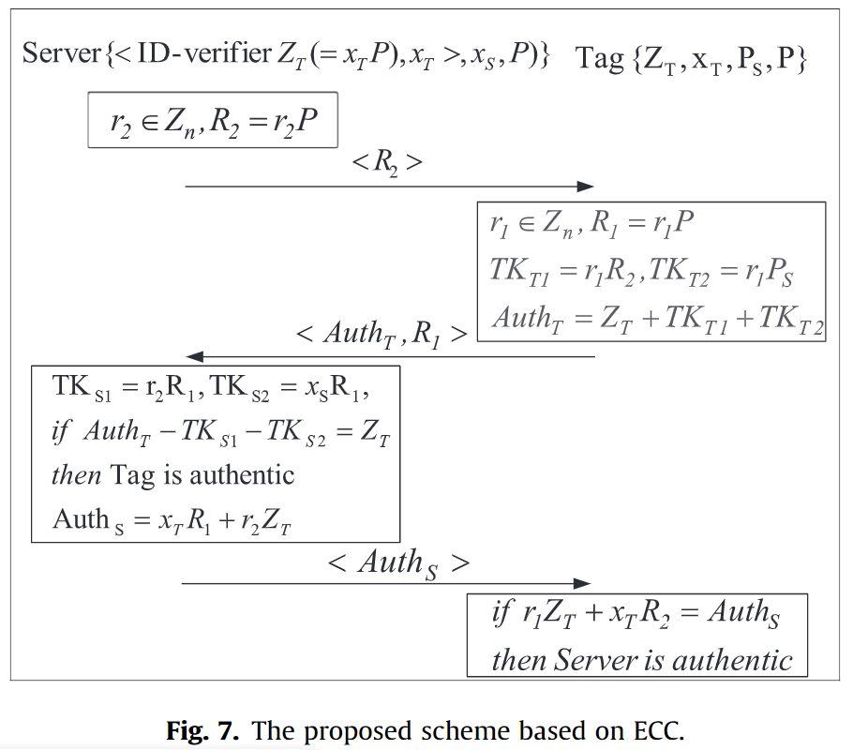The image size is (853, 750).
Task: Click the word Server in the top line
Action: (x=62, y=53)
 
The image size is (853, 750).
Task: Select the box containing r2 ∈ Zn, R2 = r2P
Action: (x=212, y=119)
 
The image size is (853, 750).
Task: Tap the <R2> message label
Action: (x=386, y=161)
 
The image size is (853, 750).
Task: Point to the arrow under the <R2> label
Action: (x=389, y=187)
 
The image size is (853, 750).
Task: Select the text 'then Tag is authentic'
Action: (x=172, y=474)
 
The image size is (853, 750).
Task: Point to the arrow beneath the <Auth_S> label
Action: (x=386, y=583)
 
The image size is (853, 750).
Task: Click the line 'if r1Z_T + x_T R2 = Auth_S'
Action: (x=636, y=615)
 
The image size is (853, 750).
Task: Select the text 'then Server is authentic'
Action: (x=642, y=659)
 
